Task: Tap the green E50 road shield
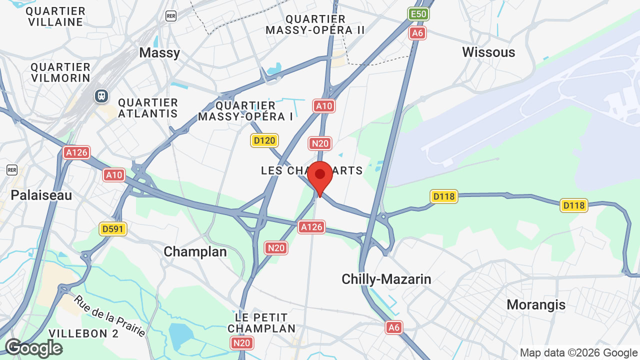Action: (x=418, y=14)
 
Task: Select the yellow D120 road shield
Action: (x=264, y=140)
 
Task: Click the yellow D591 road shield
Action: (x=113, y=229)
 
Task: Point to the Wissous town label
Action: (x=488, y=52)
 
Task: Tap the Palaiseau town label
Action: (x=41, y=195)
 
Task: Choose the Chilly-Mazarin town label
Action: (x=386, y=279)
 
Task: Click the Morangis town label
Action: (x=536, y=304)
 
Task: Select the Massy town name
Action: (x=159, y=52)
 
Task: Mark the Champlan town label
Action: (x=195, y=251)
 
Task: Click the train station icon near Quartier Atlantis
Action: (x=101, y=95)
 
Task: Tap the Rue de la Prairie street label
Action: (x=110, y=316)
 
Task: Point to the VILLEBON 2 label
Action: (x=83, y=333)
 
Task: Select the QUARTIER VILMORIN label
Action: (x=60, y=72)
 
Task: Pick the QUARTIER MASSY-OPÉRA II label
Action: (x=315, y=24)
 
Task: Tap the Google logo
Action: (x=33, y=348)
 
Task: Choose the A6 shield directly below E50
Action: (x=417, y=33)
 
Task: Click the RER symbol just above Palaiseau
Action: (x=12, y=170)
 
